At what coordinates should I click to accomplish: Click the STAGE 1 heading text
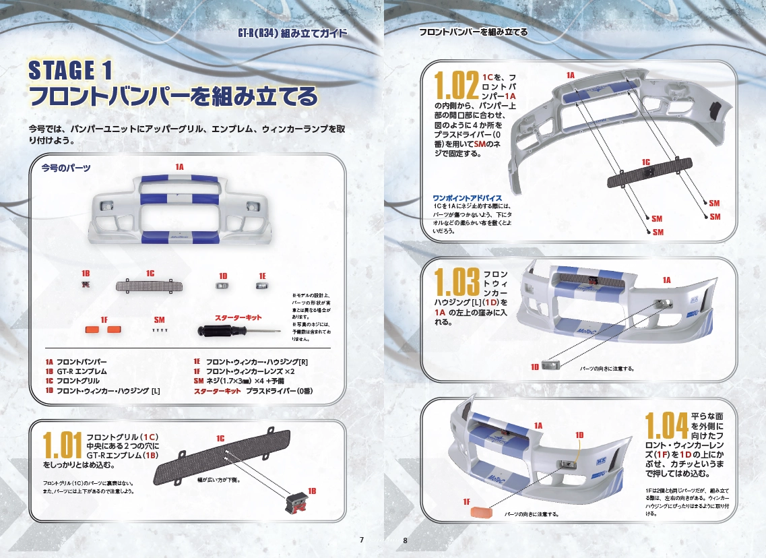70,70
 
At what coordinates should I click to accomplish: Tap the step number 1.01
62,445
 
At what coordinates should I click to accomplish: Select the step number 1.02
456,86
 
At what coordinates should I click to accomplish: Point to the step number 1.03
457,282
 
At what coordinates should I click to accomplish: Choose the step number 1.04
666,425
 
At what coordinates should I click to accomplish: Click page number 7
362,540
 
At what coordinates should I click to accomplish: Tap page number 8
405,540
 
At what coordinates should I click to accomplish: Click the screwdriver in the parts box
239,332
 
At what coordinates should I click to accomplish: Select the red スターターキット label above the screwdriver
238,317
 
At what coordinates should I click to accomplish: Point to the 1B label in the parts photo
86,274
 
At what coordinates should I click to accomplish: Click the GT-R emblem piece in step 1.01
296,503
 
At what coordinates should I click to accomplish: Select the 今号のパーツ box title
66,168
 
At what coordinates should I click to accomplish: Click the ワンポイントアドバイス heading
468,198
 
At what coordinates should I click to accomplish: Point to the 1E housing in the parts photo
262,286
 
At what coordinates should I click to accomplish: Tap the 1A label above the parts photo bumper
179,167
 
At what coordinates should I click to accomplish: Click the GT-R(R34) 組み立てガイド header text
292,33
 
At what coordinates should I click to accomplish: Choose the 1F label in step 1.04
466,502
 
